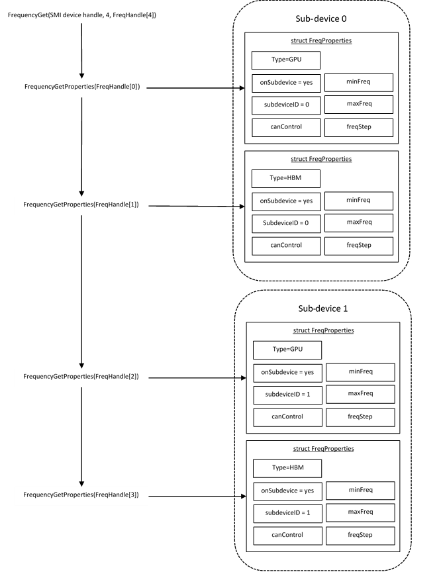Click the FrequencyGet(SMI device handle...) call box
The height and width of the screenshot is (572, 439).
[81, 15]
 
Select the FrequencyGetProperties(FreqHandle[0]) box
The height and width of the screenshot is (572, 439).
[81, 87]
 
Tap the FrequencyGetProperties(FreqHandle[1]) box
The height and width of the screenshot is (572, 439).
[81, 205]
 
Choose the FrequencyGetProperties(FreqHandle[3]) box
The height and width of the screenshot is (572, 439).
[81, 495]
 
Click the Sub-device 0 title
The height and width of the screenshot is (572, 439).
[321, 19]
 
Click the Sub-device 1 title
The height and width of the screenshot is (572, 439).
[322, 309]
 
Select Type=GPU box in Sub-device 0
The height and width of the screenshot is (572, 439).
[285, 60]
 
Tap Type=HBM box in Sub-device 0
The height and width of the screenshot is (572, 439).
[285, 179]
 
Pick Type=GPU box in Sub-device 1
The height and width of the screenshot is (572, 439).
[287, 350]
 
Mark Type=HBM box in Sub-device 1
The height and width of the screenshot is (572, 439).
[287, 468]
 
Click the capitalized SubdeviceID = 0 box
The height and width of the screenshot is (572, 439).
[285, 223]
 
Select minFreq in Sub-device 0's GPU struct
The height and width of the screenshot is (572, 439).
[358, 82]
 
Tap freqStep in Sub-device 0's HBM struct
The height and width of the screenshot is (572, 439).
[358, 246]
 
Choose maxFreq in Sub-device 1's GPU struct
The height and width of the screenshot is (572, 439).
[360, 394]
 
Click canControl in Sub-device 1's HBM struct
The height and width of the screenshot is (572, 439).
[287, 535]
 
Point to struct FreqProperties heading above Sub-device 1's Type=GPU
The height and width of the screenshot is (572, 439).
[323, 330]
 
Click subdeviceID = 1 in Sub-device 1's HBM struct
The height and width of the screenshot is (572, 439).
[287, 512]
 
